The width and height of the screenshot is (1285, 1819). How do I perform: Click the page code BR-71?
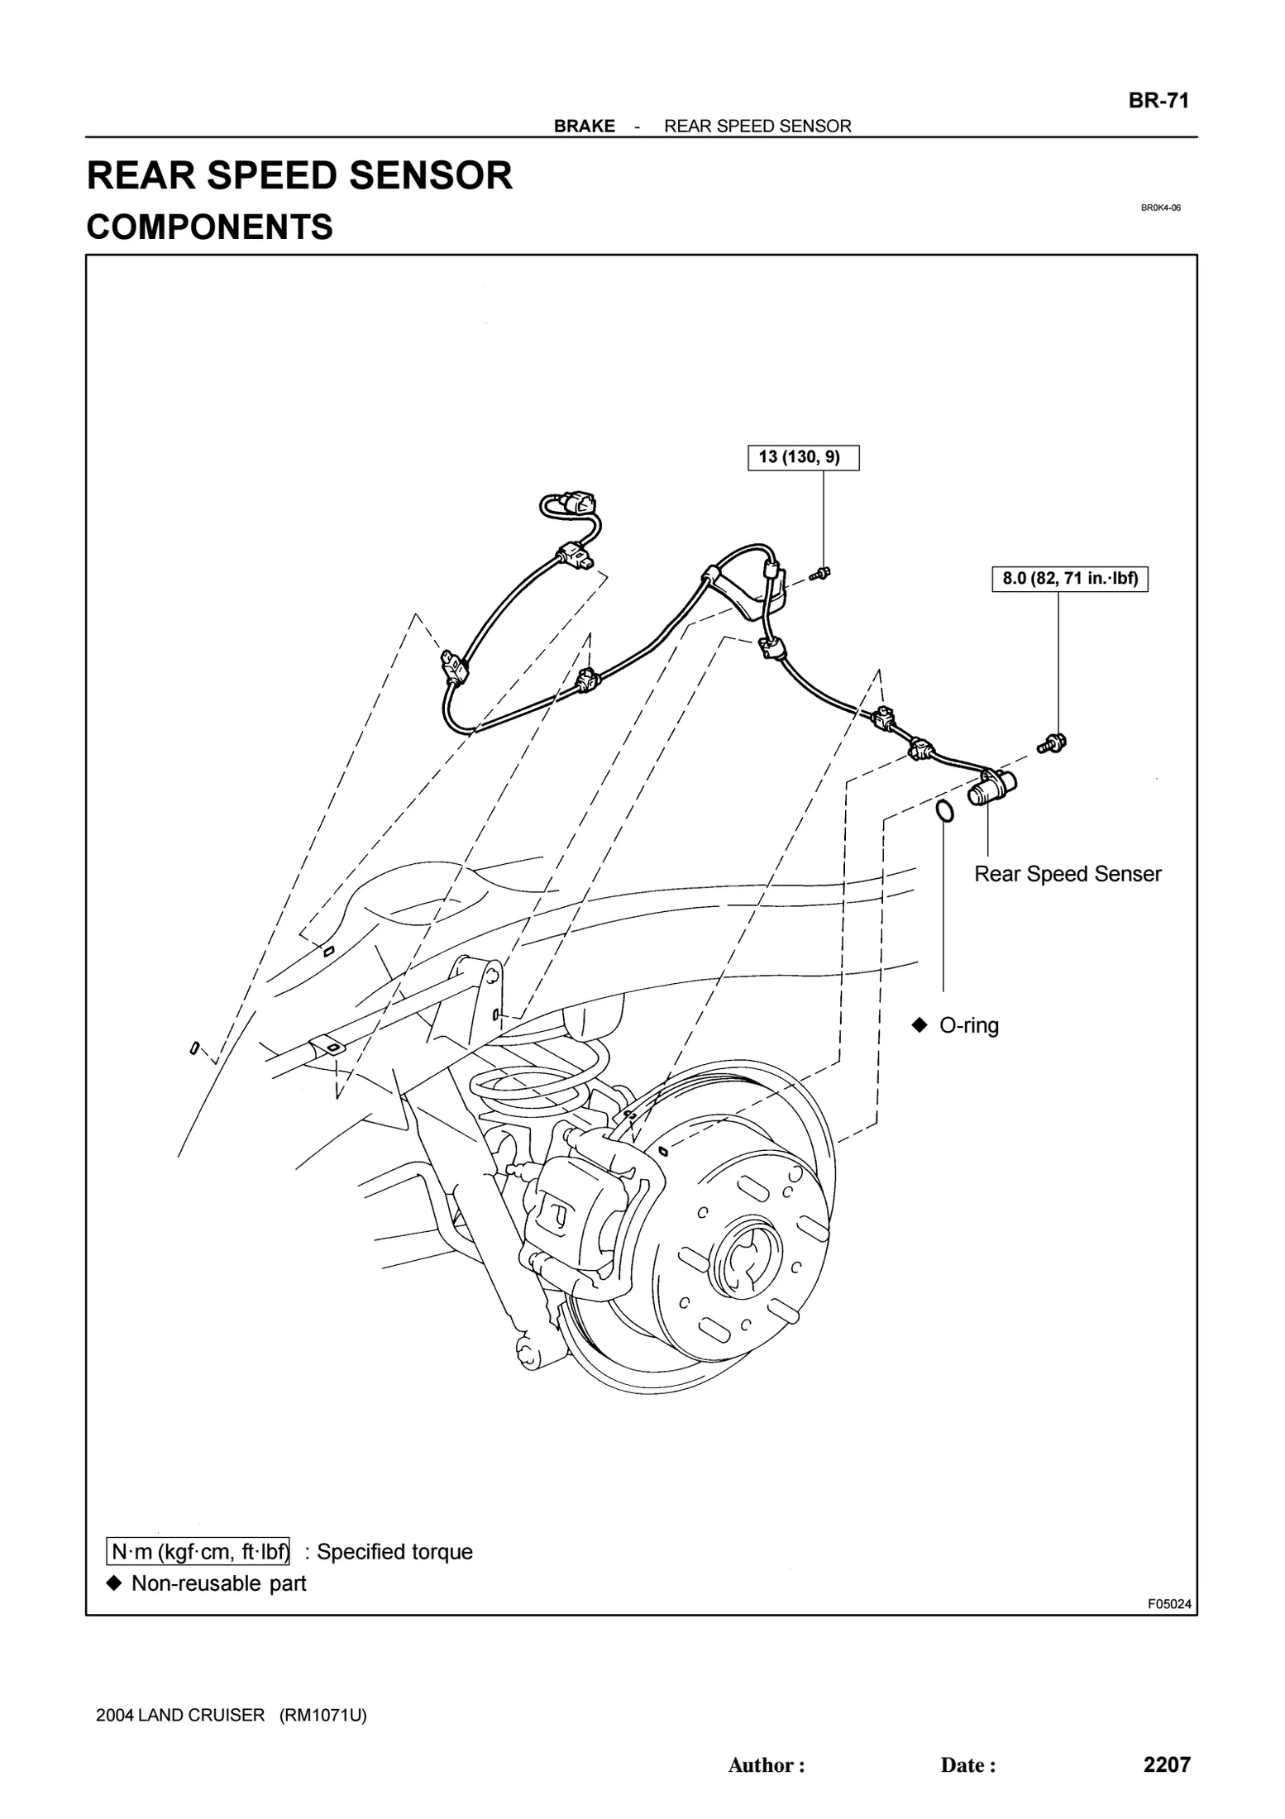[1158, 101]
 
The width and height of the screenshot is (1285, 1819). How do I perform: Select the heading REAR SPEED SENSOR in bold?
[299, 176]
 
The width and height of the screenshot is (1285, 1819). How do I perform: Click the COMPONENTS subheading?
[209, 227]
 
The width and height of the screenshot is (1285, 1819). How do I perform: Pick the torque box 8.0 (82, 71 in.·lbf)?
[1069, 579]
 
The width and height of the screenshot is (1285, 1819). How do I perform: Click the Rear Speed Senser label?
[1067, 874]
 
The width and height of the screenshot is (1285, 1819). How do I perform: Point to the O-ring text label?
[968, 1025]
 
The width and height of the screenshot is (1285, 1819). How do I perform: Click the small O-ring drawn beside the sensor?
[944, 811]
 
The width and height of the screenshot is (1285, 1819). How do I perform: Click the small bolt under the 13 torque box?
[821, 572]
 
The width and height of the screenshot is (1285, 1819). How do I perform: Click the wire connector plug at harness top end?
[576, 503]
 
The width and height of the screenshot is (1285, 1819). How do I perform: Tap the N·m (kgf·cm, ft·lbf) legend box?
[198, 1552]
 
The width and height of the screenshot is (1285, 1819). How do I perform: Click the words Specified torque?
[394, 1552]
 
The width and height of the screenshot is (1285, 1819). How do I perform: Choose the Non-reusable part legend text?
[218, 1583]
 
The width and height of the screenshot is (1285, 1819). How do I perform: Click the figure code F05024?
[1168, 1604]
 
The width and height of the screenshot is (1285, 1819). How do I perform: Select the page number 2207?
[1166, 1764]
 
